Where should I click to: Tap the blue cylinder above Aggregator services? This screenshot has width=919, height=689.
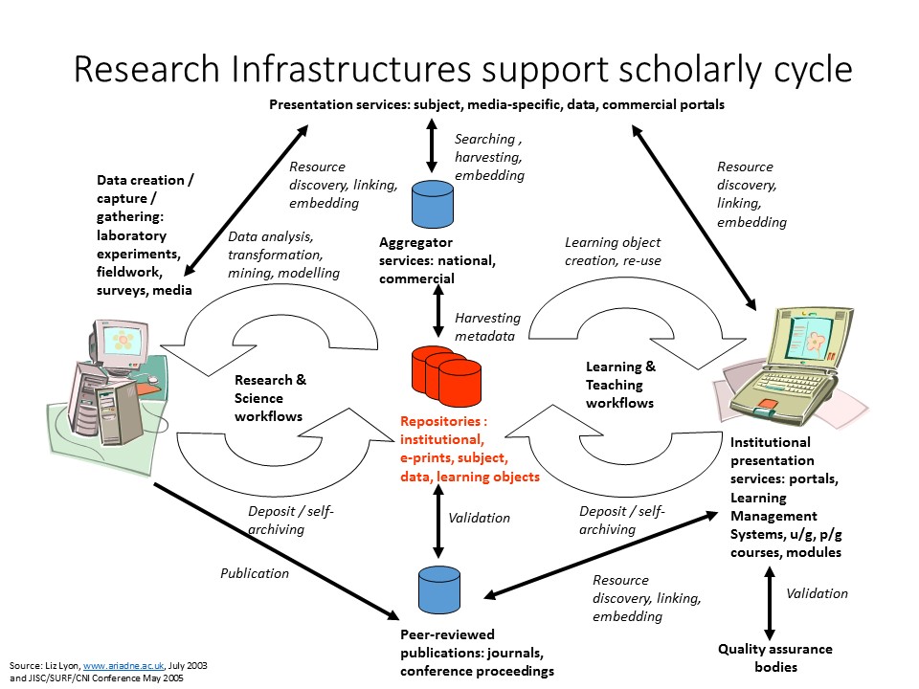tap(431, 202)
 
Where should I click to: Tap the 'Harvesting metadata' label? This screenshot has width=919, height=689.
tap(487, 326)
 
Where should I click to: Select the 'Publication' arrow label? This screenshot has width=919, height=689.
tap(254, 573)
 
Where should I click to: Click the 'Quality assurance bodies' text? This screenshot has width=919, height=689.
tap(774, 657)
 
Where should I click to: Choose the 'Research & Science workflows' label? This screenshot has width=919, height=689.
tap(271, 397)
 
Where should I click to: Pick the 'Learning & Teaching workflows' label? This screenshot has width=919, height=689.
tap(621, 385)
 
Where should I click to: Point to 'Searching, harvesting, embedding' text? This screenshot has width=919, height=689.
tap(489, 157)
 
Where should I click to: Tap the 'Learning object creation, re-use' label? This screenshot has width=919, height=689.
tap(612, 252)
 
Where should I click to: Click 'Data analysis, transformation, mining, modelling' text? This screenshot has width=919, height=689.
tap(283, 254)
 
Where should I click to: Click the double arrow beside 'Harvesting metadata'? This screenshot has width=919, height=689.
tap(438, 309)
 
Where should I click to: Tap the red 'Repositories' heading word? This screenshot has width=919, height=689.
tap(443, 421)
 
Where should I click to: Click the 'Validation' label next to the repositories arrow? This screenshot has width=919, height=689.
tap(479, 518)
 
